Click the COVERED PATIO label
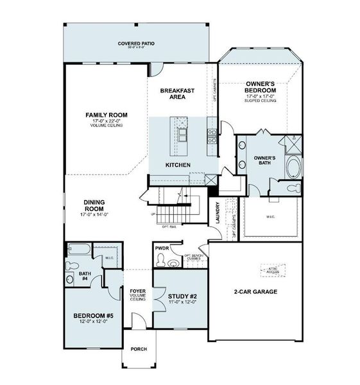pyautogui.click(x=136, y=44)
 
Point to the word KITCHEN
pyautogui.click(x=178, y=166)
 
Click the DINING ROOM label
pyautogui.click(x=94, y=206)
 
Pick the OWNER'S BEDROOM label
pyautogui.click(x=261, y=88)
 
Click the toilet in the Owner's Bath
pyautogui.click(x=293, y=189)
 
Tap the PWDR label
pyautogui.click(x=162, y=248)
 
